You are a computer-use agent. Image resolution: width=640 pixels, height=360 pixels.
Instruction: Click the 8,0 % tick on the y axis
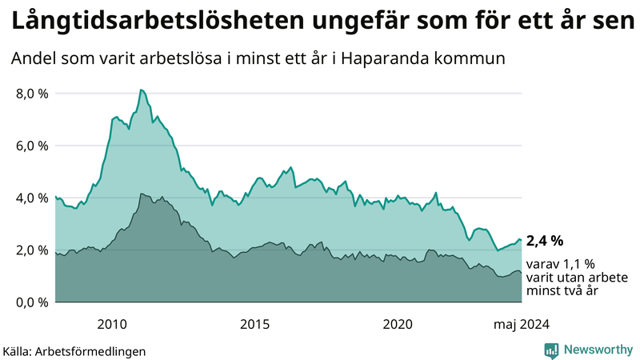point(32,94)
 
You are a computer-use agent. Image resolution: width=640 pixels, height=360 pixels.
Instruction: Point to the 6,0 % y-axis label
point(32,146)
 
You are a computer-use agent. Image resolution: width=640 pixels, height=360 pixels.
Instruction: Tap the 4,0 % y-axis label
point(32,198)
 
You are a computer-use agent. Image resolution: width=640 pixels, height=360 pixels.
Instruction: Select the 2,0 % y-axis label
point(32,250)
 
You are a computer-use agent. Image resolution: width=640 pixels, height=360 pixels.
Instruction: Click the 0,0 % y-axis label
point(32,302)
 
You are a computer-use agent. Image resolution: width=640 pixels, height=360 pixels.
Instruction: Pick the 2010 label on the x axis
point(112,324)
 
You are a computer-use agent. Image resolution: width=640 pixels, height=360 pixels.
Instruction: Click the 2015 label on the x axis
point(254,324)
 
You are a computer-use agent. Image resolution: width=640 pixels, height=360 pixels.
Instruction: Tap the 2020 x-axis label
point(398,324)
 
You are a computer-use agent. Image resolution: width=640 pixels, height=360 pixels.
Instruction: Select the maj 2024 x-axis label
point(521,324)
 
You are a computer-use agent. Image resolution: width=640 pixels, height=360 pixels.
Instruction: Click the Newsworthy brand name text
point(596,349)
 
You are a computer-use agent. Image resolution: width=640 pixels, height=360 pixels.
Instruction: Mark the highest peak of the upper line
point(141,90)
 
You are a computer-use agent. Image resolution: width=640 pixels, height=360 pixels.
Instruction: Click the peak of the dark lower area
point(142,194)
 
